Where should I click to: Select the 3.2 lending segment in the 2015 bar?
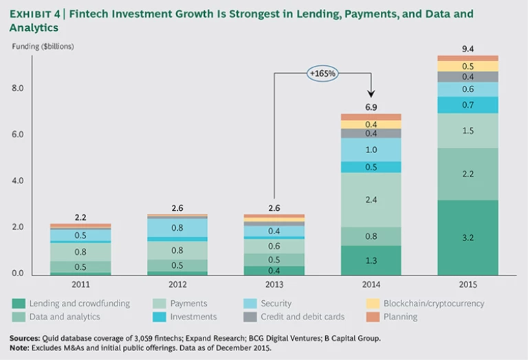click(x=467, y=238)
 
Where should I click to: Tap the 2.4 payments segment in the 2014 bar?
click(x=371, y=200)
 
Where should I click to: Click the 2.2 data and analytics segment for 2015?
click(x=467, y=174)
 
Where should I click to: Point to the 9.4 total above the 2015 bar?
click(x=467, y=48)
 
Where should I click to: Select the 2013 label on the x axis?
click(x=274, y=283)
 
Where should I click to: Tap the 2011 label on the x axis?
click(x=80, y=283)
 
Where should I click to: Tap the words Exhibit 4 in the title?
click(x=35, y=14)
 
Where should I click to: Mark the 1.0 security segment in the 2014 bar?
click(x=371, y=150)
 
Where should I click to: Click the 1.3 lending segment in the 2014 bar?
click(x=371, y=260)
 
